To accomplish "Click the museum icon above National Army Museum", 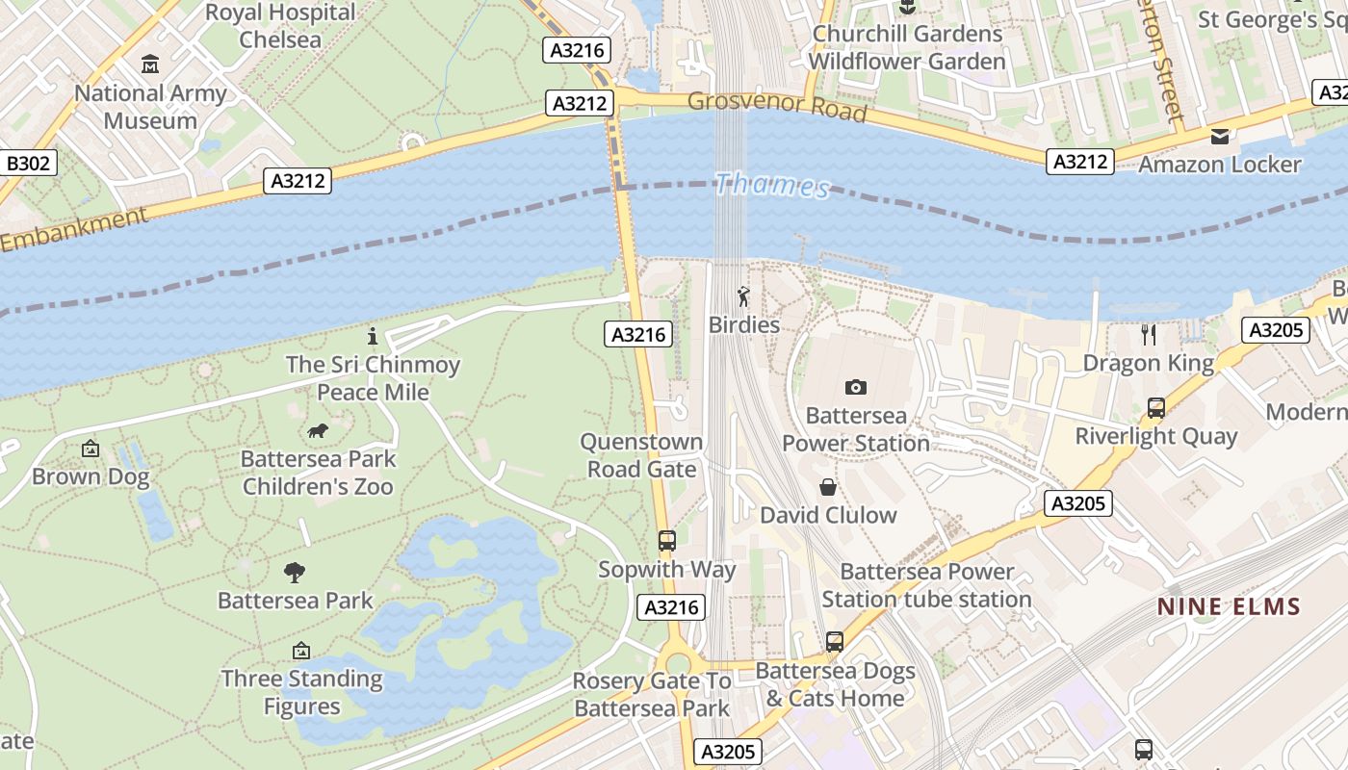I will (150, 64).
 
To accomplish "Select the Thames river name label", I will (772, 185).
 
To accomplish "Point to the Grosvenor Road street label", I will (777, 106).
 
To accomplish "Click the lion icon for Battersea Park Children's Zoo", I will (318, 430).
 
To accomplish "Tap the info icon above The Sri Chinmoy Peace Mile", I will (373, 336).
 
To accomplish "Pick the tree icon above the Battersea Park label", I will (295, 573).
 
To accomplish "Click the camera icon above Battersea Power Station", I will (855, 387).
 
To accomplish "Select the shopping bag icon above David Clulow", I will (827, 487).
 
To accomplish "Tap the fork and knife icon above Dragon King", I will (1148, 335).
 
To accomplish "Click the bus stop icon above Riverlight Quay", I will (1155, 408).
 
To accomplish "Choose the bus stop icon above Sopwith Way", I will (666, 541).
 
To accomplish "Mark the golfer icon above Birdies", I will (742, 296).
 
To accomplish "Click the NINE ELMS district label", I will (1229, 606).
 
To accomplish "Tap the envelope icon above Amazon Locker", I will (1220, 136).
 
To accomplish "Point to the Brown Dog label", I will (91, 476).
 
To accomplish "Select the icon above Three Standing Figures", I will (301, 651).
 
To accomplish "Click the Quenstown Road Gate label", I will (641, 455).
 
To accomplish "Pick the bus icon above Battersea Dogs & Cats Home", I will (834, 641).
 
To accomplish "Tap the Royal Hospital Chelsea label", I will (280, 26).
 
